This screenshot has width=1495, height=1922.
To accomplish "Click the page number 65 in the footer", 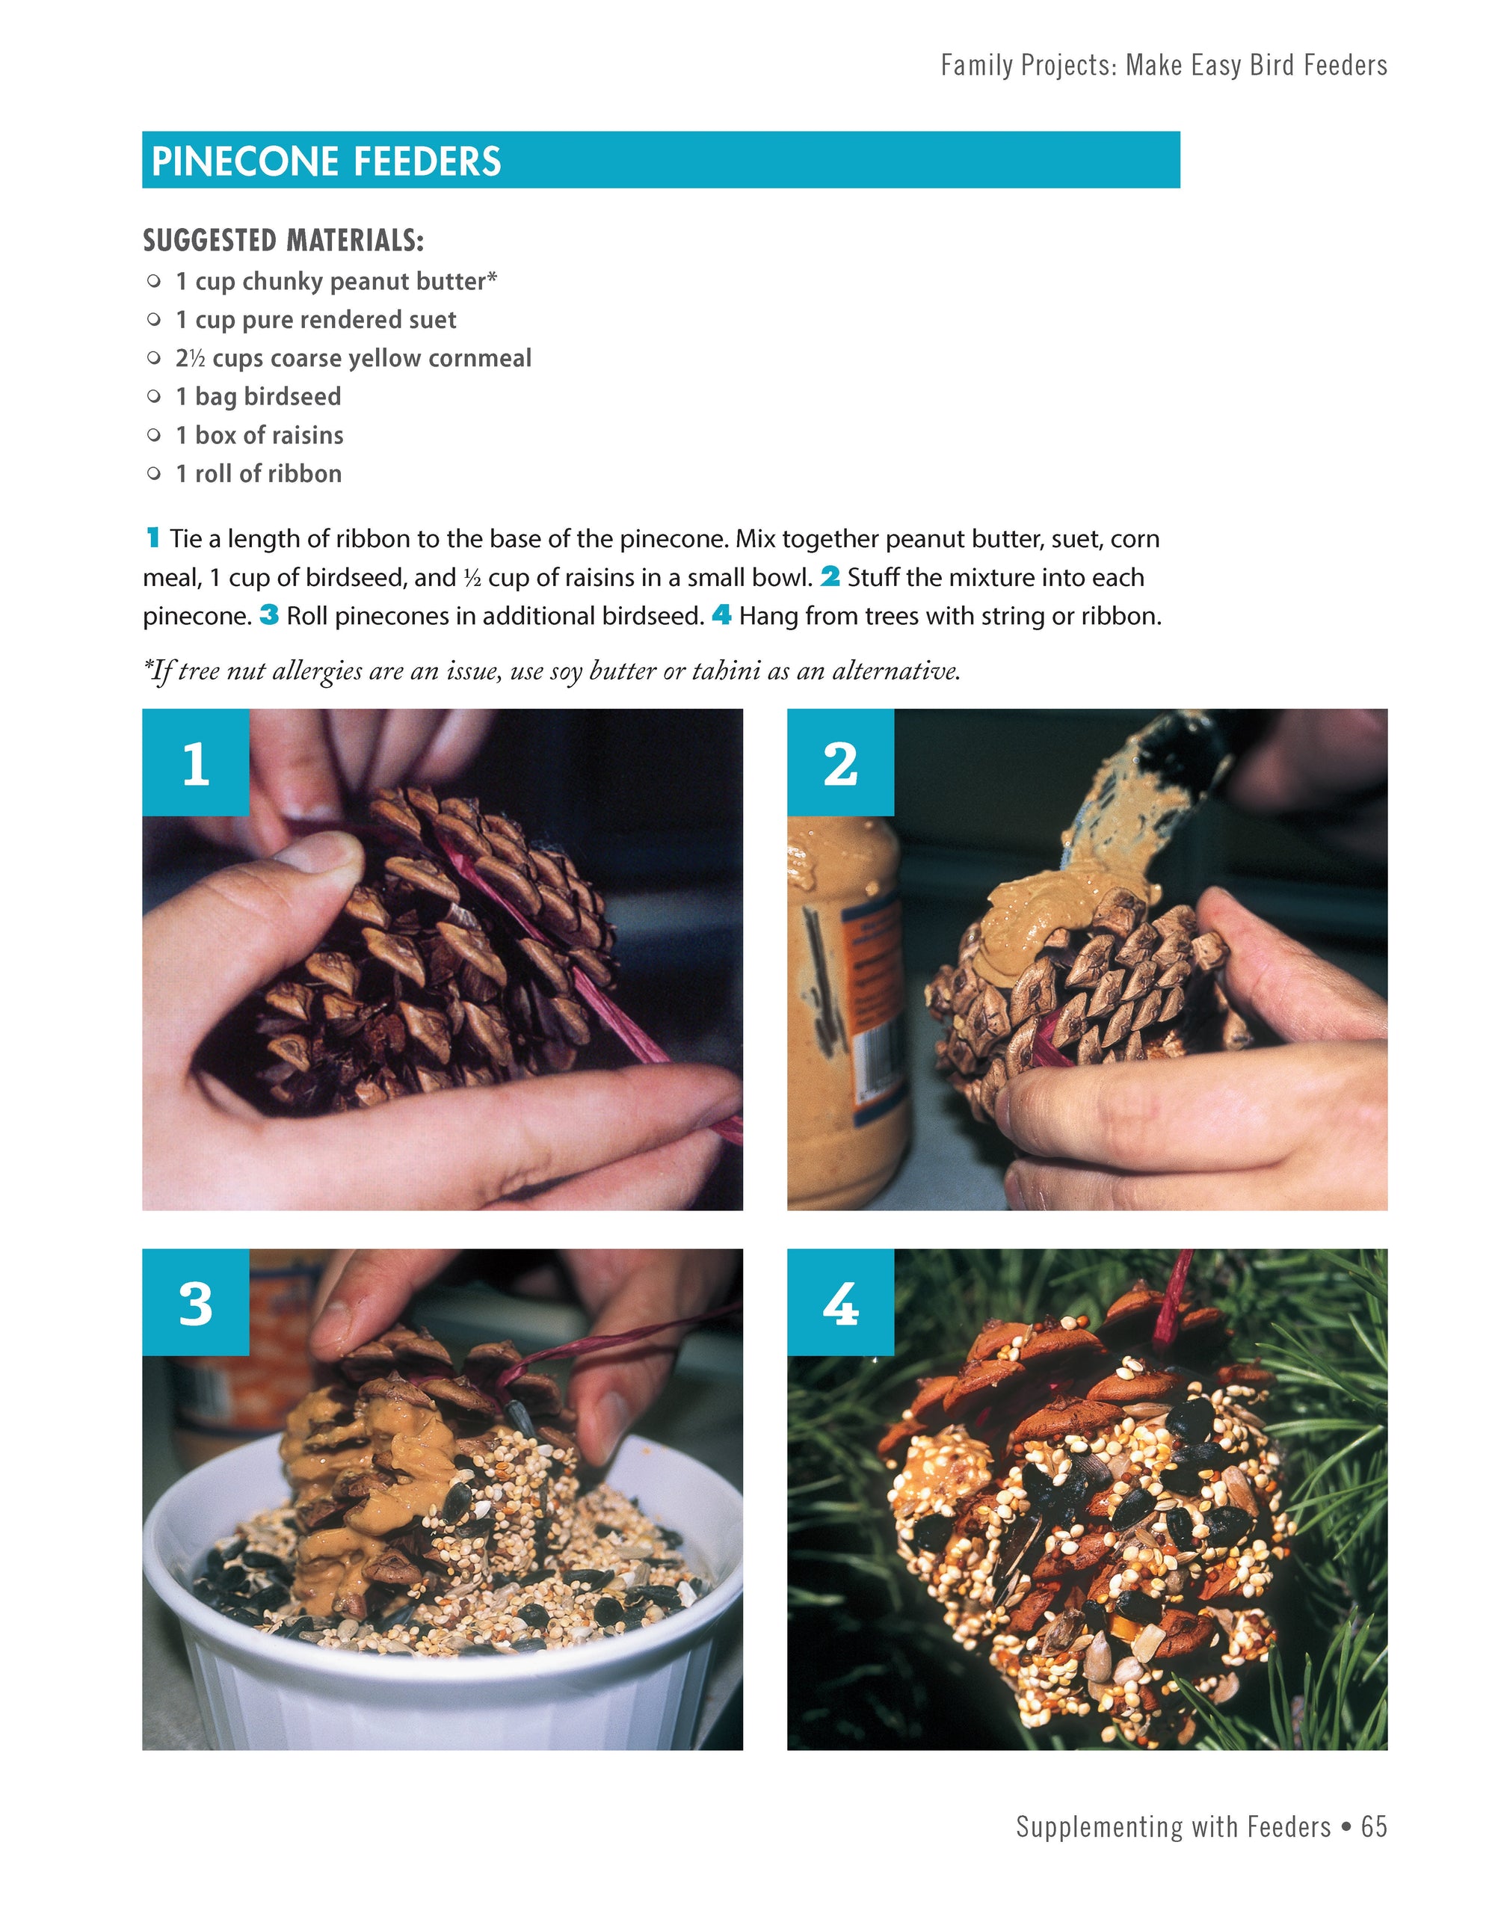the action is (1374, 1826).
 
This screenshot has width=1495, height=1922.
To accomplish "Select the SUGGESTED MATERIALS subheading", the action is (283, 239).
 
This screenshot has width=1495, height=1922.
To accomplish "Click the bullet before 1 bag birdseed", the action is (154, 396).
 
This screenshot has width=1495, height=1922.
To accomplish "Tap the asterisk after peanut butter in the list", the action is (492, 277).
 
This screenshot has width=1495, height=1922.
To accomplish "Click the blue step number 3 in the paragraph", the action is (269, 615).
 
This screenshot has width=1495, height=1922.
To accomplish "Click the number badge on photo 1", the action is (195, 762).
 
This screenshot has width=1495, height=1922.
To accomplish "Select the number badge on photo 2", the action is (840, 762).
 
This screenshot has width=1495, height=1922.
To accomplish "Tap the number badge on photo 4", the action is (840, 1302).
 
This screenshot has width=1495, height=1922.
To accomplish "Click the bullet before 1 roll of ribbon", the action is (154, 473).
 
